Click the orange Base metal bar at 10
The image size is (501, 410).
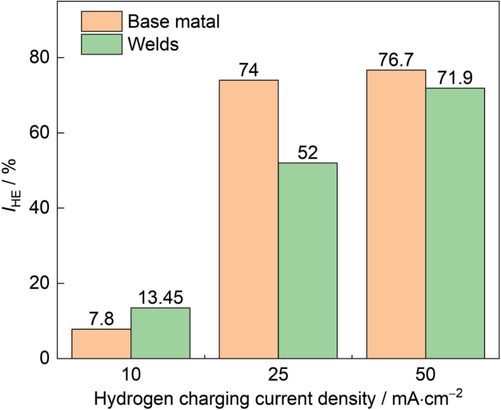click(101, 343)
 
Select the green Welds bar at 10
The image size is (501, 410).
click(160, 333)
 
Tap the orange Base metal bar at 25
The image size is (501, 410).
click(249, 219)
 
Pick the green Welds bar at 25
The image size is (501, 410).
click(308, 260)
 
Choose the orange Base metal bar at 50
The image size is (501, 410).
click(396, 214)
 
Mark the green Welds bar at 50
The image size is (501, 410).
click(455, 223)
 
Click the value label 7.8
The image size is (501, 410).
click(101, 319)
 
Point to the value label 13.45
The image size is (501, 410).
click(160, 298)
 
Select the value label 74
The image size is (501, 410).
click(249, 70)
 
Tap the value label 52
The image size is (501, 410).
click(308, 153)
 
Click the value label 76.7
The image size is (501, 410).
click(396, 60)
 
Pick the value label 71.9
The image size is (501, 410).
click(455, 78)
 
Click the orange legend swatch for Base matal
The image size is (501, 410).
click(102, 22)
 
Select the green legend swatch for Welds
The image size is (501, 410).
click(102, 44)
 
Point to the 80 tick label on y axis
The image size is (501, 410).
click(39, 58)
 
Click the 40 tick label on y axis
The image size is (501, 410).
click(39, 208)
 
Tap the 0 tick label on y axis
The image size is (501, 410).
click(44, 358)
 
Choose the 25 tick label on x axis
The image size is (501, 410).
click(278, 375)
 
